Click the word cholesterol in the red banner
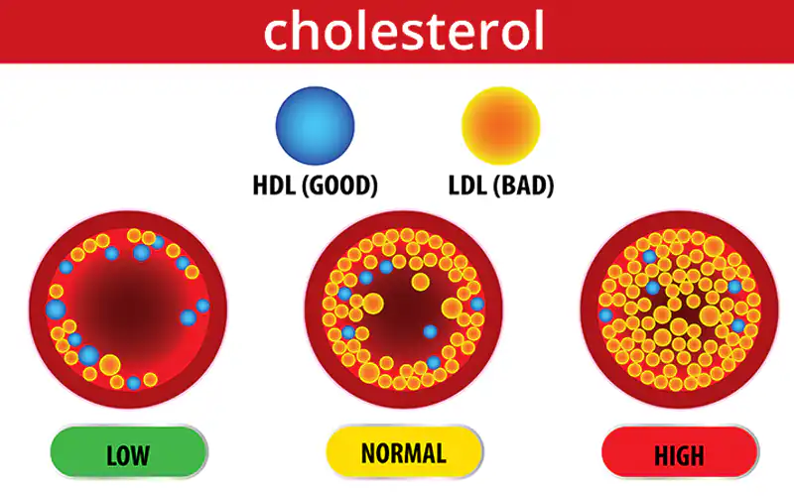pyautogui.click(x=404, y=32)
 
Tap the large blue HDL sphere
pyautogui.click(x=315, y=126)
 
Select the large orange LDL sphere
pyautogui.click(x=501, y=126)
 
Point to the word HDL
pyautogui.click(x=274, y=186)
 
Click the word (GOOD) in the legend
pyautogui.click(x=339, y=186)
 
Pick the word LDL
pyautogui.click(x=466, y=186)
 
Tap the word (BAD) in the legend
pyautogui.click(x=524, y=186)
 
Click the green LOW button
pyautogui.click(x=129, y=452)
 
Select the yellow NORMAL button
pyautogui.click(x=404, y=452)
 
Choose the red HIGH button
pyautogui.click(x=680, y=452)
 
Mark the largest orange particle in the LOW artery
pyautogui.click(x=110, y=364)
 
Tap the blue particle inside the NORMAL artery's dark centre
pyautogui.click(x=430, y=332)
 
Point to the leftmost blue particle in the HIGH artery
pyautogui.click(x=605, y=315)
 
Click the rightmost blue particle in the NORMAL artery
pyautogui.click(x=477, y=304)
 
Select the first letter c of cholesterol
pyautogui.click(x=277, y=36)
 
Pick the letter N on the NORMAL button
pyautogui.click(x=368, y=453)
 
